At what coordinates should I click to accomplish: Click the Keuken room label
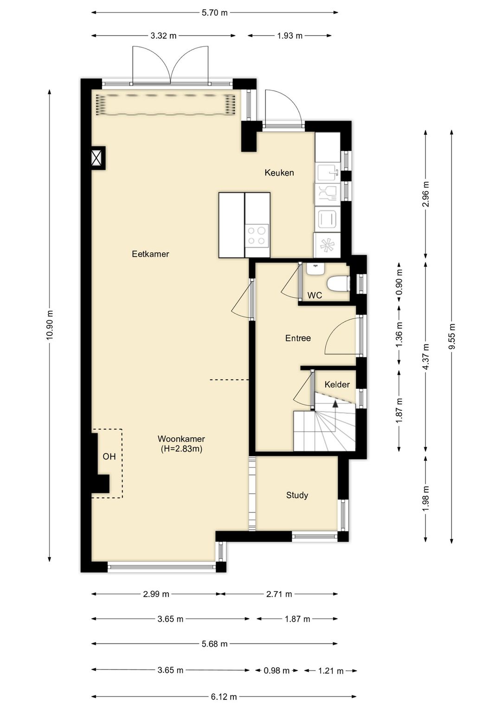[279, 172]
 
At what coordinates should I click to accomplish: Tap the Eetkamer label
[150, 254]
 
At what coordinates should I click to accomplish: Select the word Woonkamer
[181, 439]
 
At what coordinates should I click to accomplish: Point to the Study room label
[297, 495]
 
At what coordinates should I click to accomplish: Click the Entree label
[298, 338]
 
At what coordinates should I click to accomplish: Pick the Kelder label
[337, 385]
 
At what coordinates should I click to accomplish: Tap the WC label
[315, 295]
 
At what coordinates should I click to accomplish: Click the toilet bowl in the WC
[338, 283]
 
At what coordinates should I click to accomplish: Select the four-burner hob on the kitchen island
[257, 236]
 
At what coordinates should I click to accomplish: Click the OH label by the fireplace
[109, 456]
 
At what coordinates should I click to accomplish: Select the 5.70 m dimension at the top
[215, 13]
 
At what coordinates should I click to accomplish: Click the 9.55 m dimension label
[452, 336]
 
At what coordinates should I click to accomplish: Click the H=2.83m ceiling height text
[181, 449]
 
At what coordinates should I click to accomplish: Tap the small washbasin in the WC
[315, 269]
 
